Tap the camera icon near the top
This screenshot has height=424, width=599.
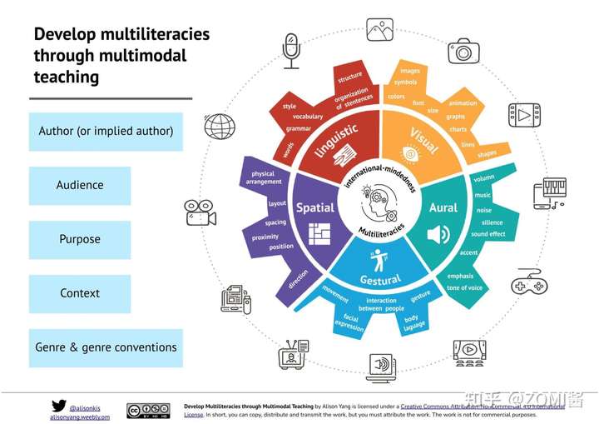[463, 50]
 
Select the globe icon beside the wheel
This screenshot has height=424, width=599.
[220, 127]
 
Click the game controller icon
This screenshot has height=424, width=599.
[529, 284]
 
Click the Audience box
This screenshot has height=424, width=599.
[80, 186]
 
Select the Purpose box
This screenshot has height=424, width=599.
[80, 240]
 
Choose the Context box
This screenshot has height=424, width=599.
[80, 294]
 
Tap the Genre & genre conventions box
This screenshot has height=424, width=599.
[105, 347]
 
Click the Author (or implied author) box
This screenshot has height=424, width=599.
[105, 132]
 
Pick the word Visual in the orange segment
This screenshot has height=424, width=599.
[424, 141]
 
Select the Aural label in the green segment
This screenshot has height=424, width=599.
[443, 207]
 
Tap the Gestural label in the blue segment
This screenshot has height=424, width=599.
[380, 279]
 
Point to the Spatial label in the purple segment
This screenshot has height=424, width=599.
[315, 207]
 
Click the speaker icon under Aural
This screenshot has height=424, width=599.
[438, 234]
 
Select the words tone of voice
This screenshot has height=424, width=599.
[464, 287]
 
